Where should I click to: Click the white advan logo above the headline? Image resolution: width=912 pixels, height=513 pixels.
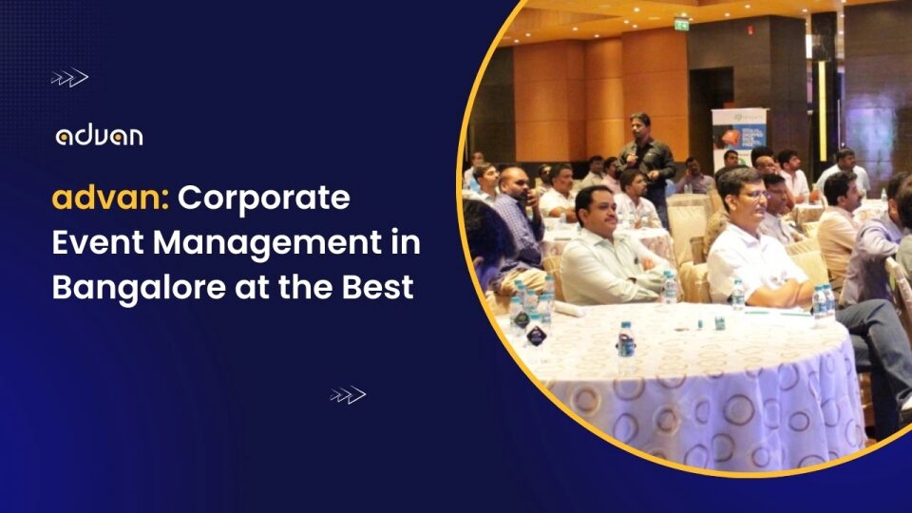(99, 136)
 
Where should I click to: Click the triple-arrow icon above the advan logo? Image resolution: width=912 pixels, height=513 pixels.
(68, 79)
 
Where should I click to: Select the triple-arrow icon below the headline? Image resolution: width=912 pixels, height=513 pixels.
(348, 394)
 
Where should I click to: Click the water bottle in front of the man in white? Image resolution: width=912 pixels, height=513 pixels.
(737, 294)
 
